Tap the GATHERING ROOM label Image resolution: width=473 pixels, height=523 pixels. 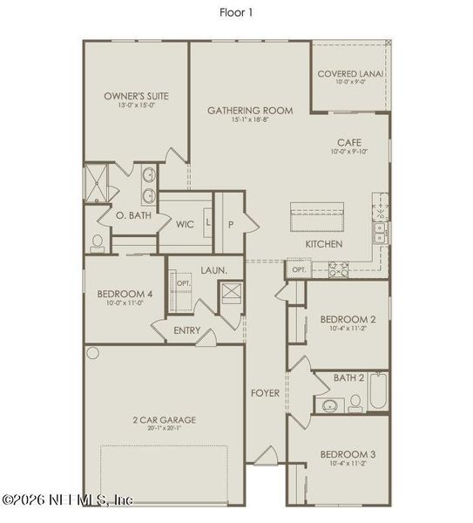pyautogui.click(x=249, y=111)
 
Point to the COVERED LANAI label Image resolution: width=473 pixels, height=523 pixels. pyautogui.click(x=350, y=75)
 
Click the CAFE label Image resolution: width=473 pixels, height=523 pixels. pyautogui.click(x=349, y=142)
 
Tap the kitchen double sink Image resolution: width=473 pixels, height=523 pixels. pyautogui.click(x=380, y=232)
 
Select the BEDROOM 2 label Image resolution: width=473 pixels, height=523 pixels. pyautogui.click(x=348, y=319)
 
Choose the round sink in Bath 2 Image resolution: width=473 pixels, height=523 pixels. pyautogui.click(x=328, y=405)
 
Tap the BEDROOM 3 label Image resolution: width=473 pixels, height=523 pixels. pyautogui.click(x=348, y=455)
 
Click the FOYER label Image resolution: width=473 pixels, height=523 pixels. pyautogui.click(x=266, y=393)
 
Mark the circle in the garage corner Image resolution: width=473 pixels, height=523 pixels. pyautogui.click(x=93, y=353)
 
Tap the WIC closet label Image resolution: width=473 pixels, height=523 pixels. pyautogui.click(x=185, y=224)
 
